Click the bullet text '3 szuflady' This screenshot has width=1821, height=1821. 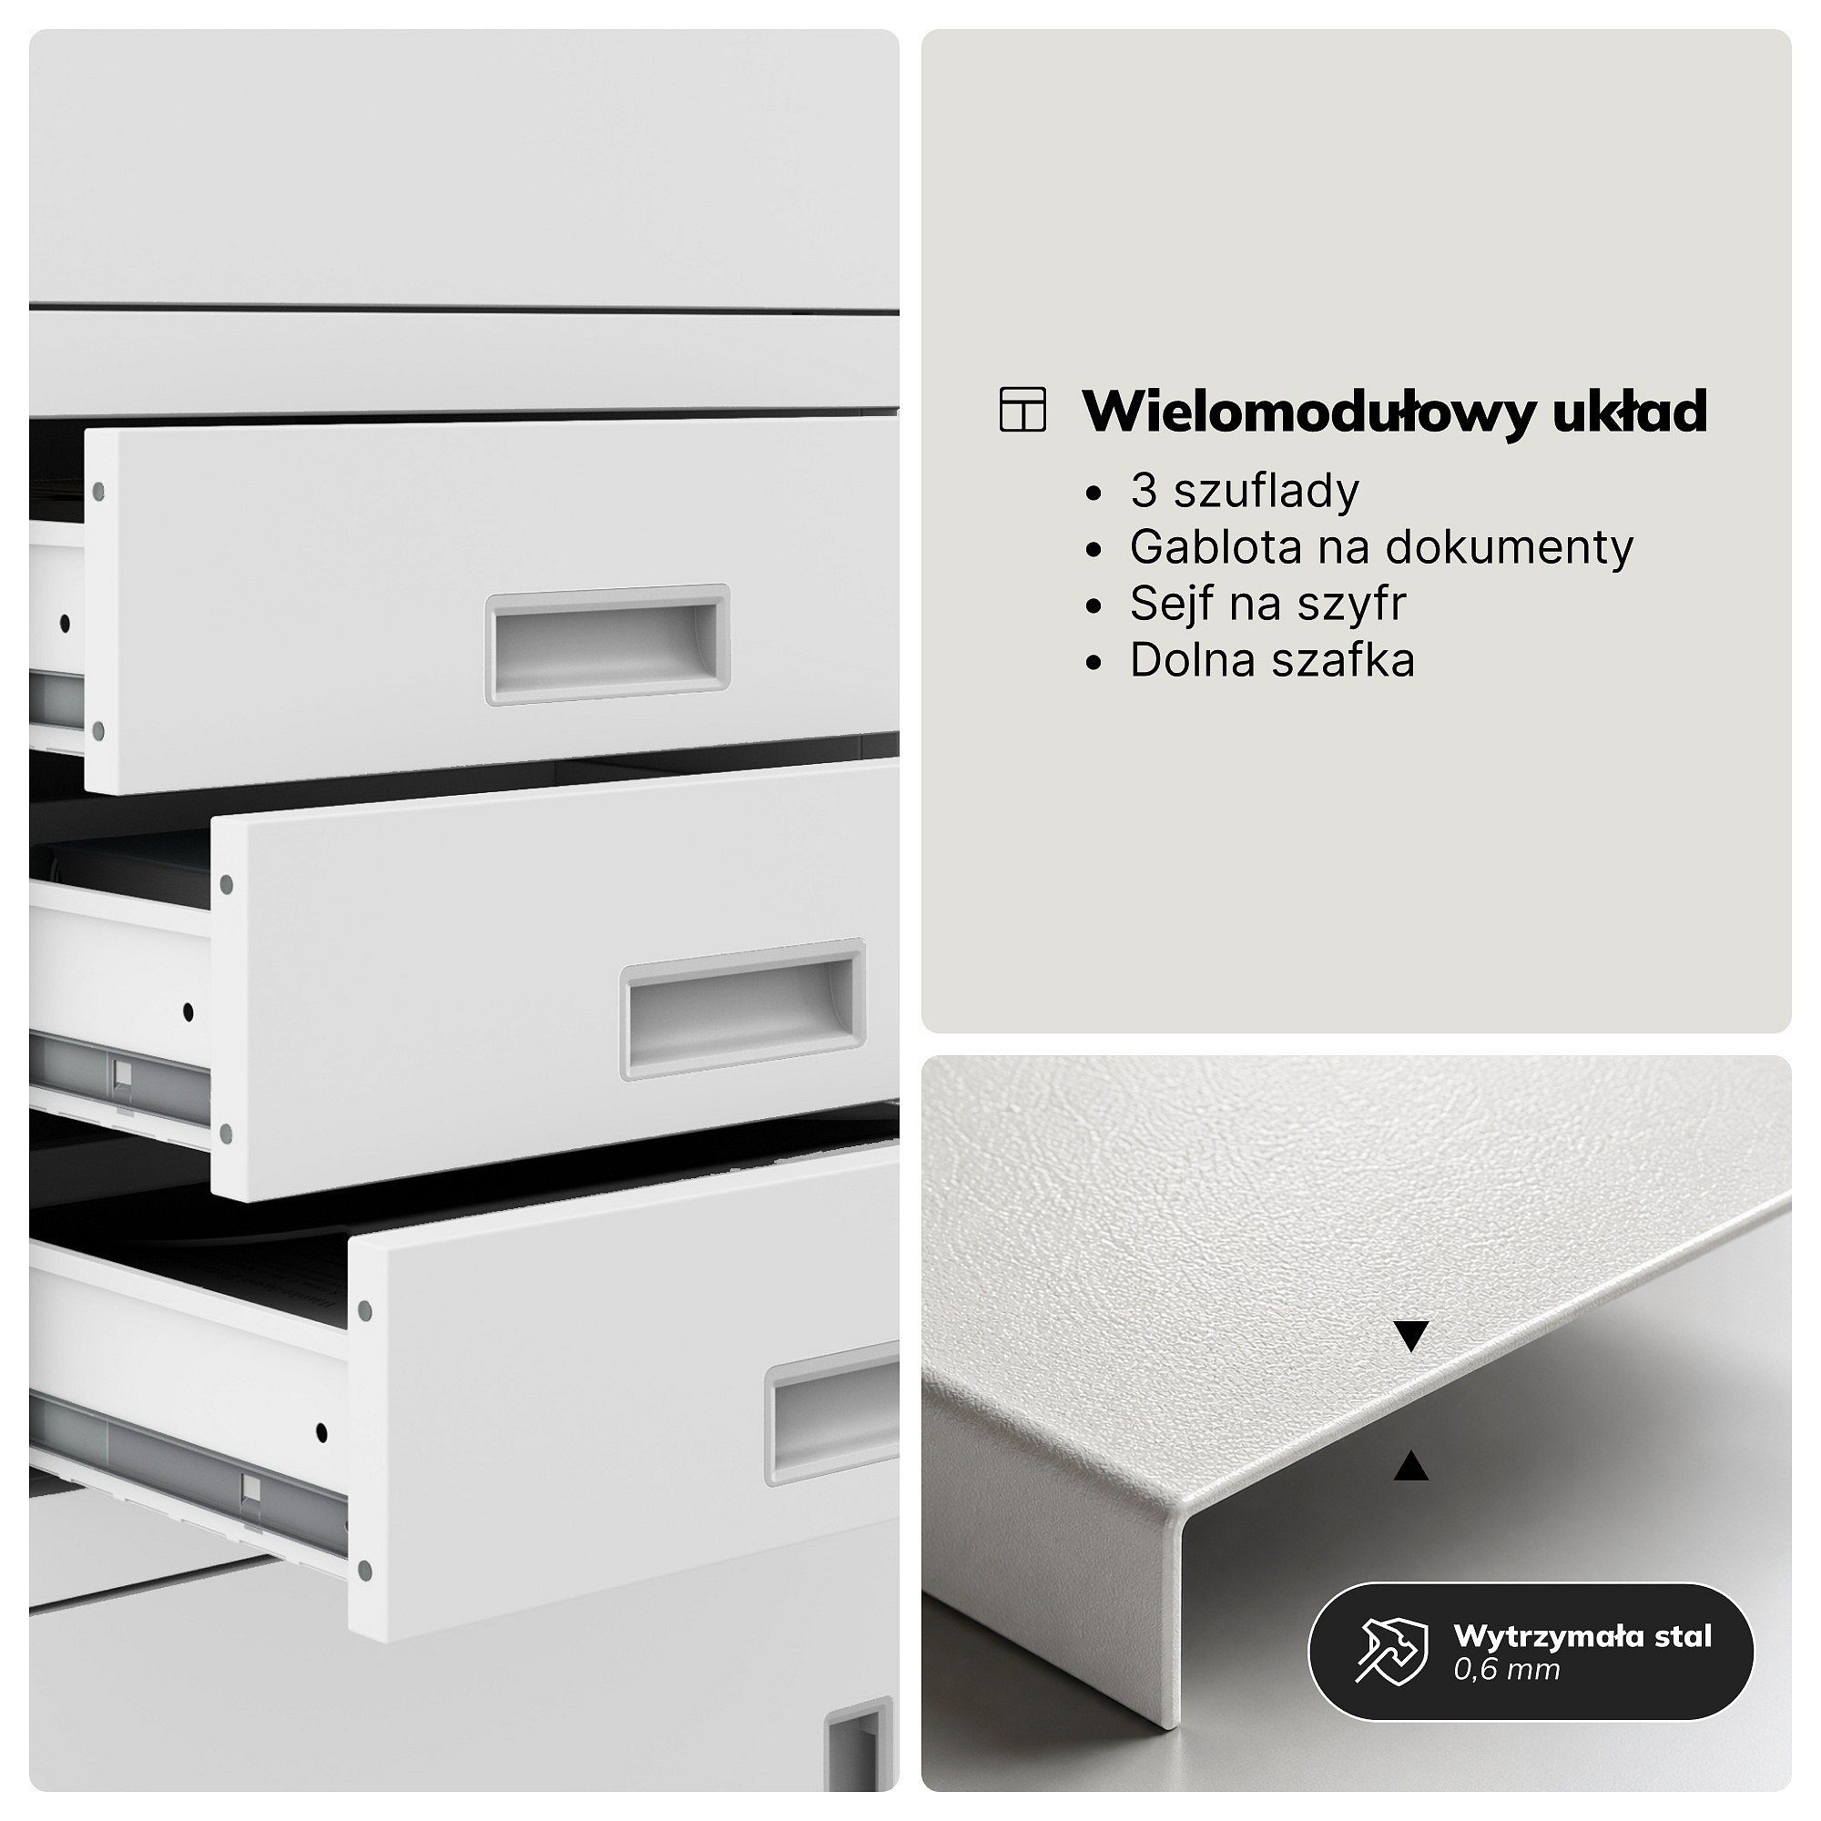click(x=1244, y=491)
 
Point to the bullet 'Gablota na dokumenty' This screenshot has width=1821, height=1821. click(x=1381, y=546)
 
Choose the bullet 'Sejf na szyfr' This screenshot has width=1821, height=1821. click(x=1267, y=604)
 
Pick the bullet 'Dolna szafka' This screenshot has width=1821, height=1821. click(x=1273, y=660)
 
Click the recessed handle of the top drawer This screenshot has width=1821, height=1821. click(x=608, y=644)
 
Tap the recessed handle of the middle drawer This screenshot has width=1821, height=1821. click(x=744, y=1009)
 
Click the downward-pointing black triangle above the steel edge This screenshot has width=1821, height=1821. click(x=1411, y=1337)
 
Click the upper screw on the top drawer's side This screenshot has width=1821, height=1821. click(x=98, y=491)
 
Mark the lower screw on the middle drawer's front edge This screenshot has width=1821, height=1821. click(x=225, y=1133)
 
